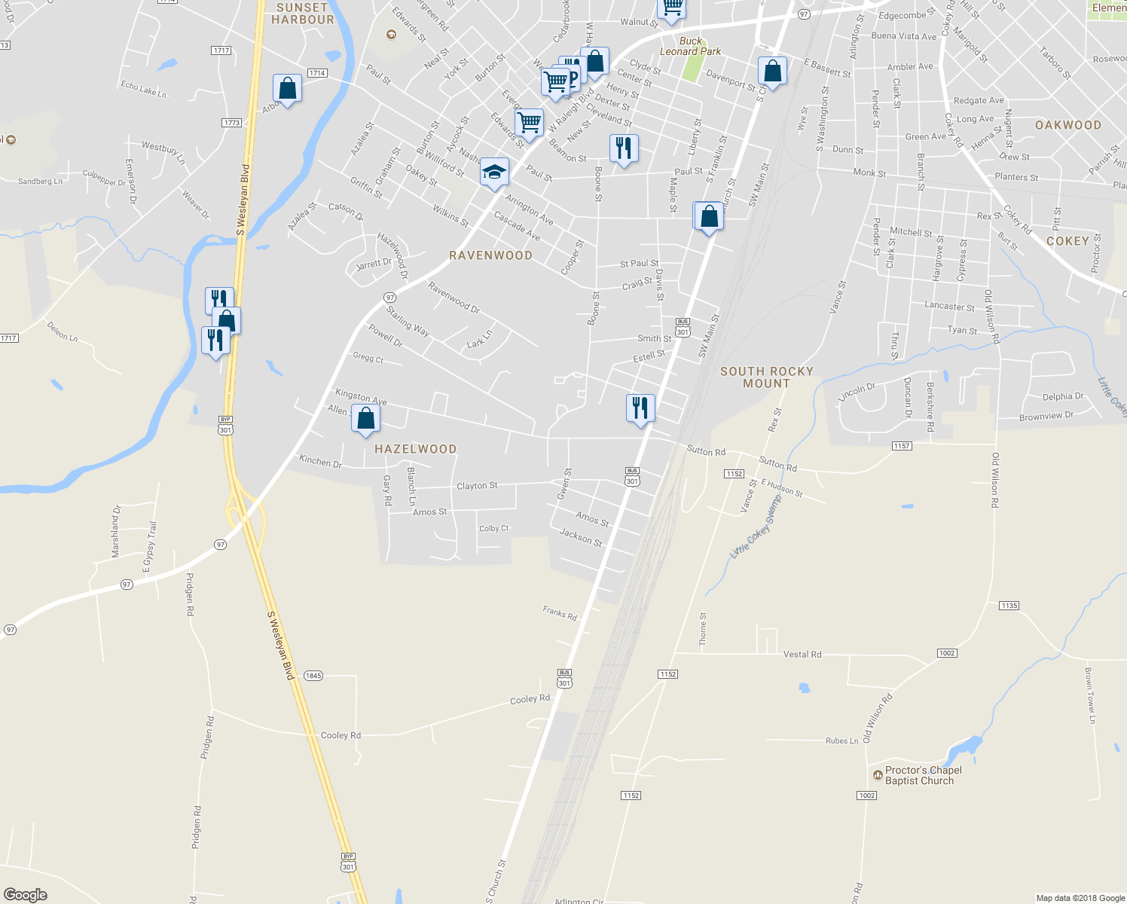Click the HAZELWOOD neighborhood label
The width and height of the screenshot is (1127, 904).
tap(415, 449)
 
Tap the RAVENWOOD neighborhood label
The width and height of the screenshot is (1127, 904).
tap(490, 255)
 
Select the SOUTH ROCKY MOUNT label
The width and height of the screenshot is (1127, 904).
tap(766, 377)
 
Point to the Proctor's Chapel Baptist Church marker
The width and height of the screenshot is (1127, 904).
tap(877, 775)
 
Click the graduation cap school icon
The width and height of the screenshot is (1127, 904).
tap(494, 173)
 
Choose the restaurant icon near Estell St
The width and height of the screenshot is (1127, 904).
tap(640, 408)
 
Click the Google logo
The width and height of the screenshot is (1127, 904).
tap(26, 894)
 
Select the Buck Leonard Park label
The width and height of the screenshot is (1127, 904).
tap(690, 47)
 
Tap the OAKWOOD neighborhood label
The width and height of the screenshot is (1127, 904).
tap(1067, 125)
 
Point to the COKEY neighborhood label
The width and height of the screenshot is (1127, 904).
tap(1067, 241)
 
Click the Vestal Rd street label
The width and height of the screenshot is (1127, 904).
tap(802, 654)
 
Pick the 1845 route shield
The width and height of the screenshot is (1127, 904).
tap(313, 675)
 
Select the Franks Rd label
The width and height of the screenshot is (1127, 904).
tap(560, 613)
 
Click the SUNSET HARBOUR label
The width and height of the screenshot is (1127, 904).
tap(302, 14)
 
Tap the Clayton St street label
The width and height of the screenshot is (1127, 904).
tap(477, 486)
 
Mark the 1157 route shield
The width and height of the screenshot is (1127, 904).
tap(902, 446)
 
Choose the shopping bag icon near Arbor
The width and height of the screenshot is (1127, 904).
tap(287, 89)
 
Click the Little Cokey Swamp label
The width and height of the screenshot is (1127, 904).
tap(756, 527)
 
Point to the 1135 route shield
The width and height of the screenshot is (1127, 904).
tap(1009, 606)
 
